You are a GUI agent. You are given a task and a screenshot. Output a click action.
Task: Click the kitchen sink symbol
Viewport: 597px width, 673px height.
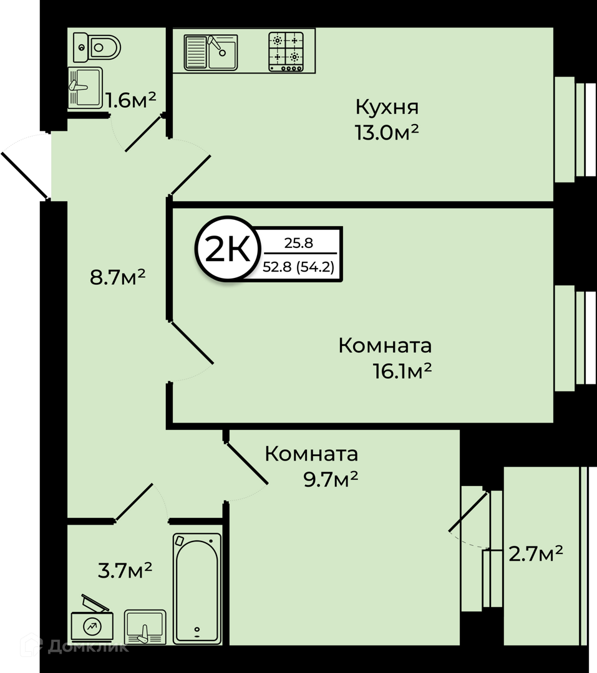point(211,52)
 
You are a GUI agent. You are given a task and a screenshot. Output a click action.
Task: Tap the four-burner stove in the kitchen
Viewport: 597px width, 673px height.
point(286,52)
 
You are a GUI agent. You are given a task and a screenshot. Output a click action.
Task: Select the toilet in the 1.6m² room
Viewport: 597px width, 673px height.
point(97,47)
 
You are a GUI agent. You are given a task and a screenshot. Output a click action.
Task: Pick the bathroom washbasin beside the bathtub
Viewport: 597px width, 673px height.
point(145,627)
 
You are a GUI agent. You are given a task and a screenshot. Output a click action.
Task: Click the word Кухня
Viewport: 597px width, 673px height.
point(387,107)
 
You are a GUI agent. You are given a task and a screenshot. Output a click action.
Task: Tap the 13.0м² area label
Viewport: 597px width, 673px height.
point(386,133)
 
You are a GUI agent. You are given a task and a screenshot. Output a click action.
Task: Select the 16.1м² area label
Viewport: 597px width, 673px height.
point(402,371)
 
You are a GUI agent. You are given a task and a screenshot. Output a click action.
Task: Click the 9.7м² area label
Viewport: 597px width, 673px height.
point(331,479)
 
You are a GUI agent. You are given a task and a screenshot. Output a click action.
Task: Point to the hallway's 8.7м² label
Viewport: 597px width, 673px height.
point(117,277)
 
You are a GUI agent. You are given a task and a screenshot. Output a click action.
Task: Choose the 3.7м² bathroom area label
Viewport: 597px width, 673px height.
point(125,570)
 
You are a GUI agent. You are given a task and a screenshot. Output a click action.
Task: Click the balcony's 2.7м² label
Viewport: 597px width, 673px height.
point(535,554)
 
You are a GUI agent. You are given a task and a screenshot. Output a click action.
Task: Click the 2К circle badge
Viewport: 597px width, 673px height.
point(228,249)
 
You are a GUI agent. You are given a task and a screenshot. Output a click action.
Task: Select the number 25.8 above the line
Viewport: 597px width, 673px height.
point(299,244)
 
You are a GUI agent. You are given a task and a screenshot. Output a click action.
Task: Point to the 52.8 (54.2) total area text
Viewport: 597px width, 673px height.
point(298,267)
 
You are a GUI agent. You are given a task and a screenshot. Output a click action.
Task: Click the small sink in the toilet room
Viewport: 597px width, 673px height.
point(85,87)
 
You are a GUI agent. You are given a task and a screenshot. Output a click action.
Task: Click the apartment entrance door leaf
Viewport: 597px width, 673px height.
point(25,176)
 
